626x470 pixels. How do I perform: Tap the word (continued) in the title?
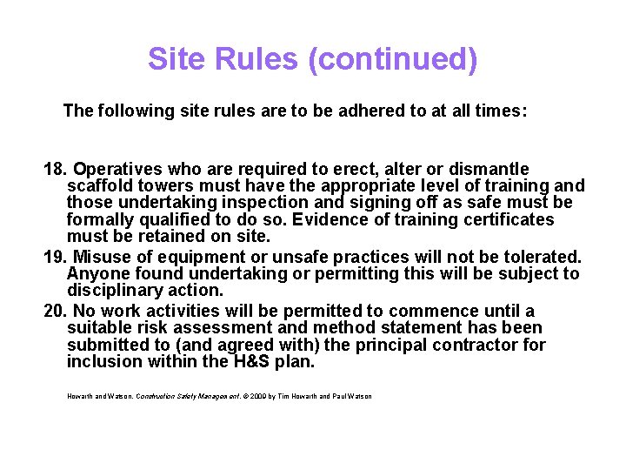392,59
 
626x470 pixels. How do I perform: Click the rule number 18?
54,168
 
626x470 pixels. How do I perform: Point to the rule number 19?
54,257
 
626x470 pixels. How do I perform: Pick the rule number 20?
54,311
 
